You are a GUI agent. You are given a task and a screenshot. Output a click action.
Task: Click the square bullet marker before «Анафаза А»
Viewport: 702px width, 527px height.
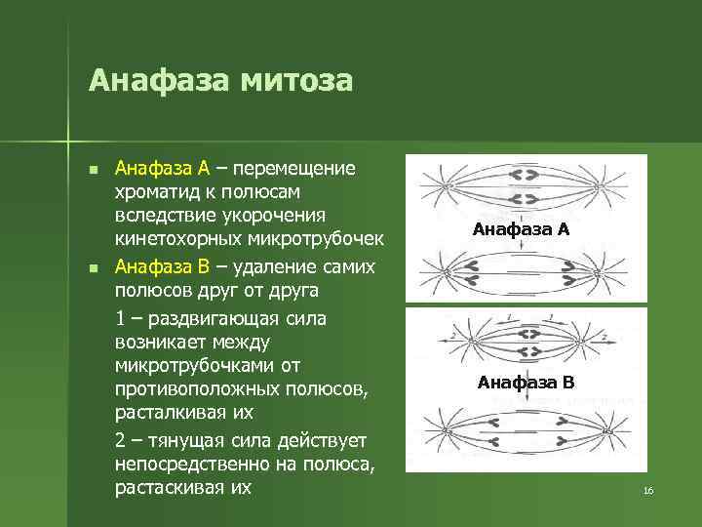[x=93, y=170]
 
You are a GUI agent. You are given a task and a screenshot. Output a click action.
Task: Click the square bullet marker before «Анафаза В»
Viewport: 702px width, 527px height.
[x=93, y=267]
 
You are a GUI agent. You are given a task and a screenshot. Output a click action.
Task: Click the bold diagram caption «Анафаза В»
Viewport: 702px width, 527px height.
[x=526, y=383]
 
